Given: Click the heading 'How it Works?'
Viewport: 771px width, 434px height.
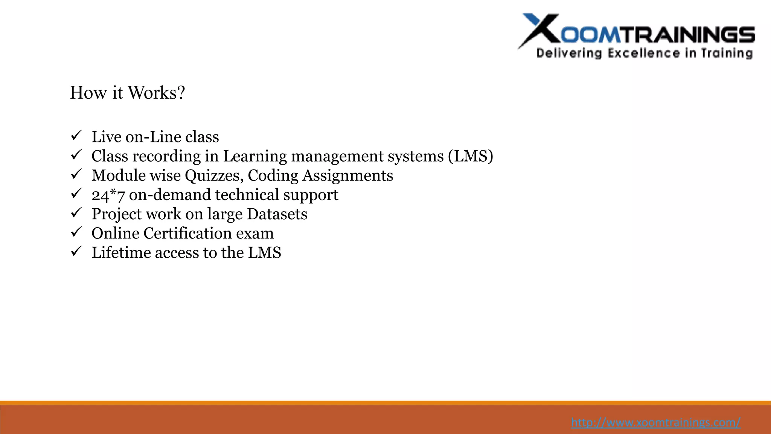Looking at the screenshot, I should click(x=127, y=93).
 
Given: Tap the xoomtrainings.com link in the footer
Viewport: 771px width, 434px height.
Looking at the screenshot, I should click(x=655, y=422).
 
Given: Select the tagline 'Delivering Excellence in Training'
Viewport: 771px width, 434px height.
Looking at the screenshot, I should click(x=644, y=53).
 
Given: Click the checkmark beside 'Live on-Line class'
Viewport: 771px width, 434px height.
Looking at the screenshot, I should click(x=76, y=136).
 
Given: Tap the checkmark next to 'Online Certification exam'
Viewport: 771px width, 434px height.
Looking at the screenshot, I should click(x=76, y=232).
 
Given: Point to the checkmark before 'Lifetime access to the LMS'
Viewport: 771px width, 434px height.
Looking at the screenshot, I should click(x=76, y=251).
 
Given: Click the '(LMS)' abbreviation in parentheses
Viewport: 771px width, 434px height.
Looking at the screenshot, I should click(x=470, y=156).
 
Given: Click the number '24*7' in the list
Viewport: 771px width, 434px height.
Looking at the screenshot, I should click(x=108, y=195).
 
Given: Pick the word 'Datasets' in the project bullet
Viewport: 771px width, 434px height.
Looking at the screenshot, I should click(x=277, y=214).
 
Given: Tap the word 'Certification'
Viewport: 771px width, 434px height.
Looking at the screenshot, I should click(x=187, y=233).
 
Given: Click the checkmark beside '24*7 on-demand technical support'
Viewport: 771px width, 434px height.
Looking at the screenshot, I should click(x=76, y=194).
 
